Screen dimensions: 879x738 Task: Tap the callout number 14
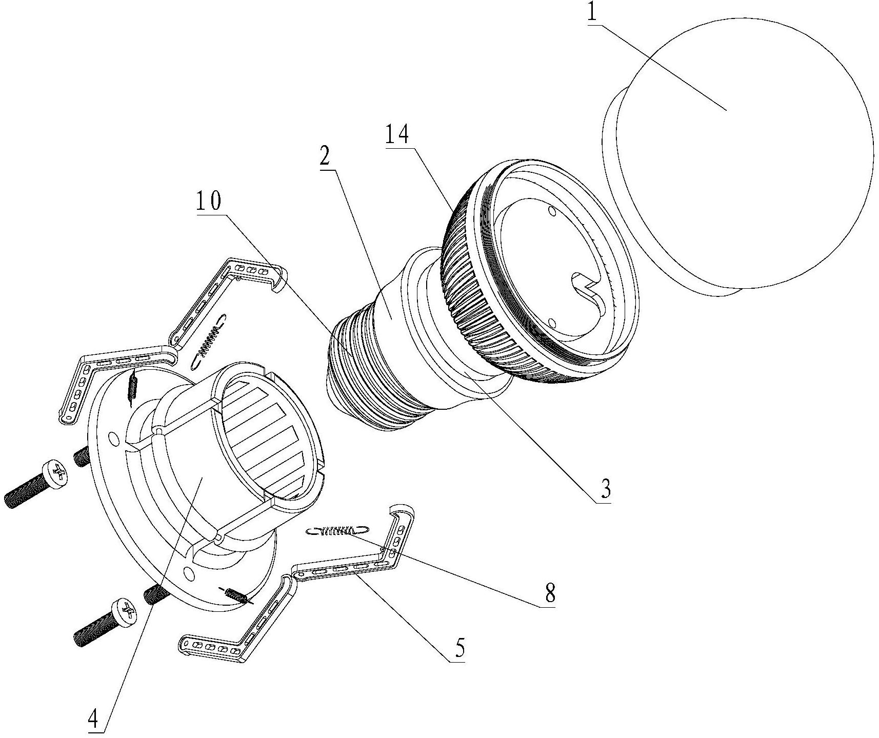397,135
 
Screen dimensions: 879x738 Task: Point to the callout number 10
208,202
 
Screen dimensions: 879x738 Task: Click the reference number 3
606,489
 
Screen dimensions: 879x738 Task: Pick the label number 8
550,593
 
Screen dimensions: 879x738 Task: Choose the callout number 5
460,649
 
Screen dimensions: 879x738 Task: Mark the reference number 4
93,721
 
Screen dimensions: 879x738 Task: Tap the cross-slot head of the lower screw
126,611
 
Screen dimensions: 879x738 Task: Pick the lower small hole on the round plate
552,323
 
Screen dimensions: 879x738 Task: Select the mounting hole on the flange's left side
111,438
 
